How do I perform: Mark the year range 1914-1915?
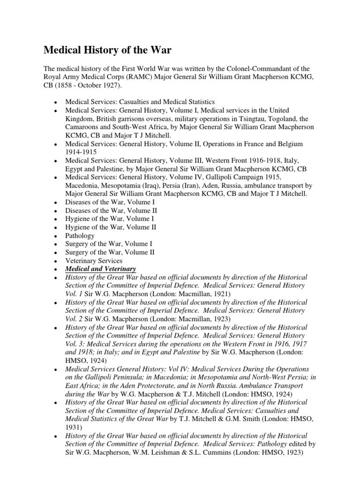(x=82, y=152)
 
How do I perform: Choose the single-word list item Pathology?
(x=80, y=236)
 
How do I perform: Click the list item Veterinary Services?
(x=94, y=261)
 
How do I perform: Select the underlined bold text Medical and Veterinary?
(x=100, y=269)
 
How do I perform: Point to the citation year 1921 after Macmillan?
(x=219, y=294)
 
